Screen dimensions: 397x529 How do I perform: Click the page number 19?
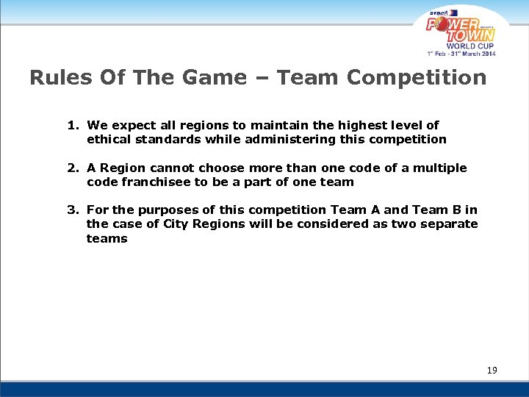click(x=492, y=370)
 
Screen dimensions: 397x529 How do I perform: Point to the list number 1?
click(x=72, y=126)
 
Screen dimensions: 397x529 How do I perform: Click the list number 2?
click(x=72, y=168)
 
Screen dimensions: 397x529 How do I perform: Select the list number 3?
click(x=72, y=210)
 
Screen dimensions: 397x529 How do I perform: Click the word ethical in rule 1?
click(x=109, y=139)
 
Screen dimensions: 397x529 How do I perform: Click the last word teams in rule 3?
click(x=107, y=238)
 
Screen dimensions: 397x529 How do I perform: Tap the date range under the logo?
click(x=462, y=54)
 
